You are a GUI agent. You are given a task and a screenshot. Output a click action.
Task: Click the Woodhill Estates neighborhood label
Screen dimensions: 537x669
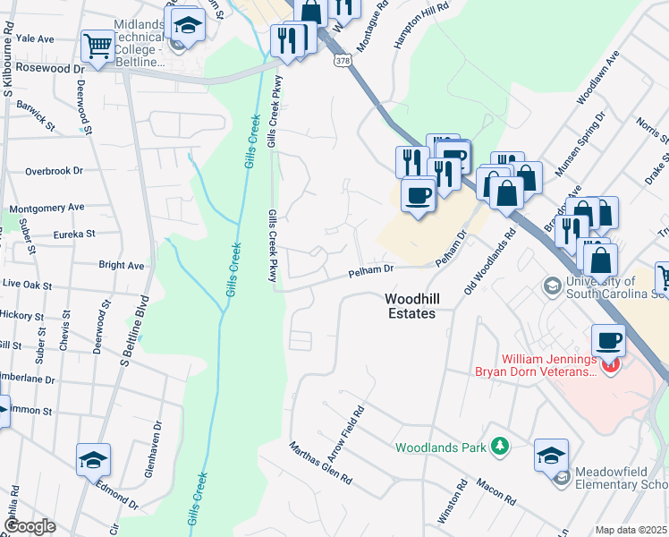click(x=410, y=306)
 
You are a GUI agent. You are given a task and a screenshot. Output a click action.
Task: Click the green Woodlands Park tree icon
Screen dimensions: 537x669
click(x=500, y=446)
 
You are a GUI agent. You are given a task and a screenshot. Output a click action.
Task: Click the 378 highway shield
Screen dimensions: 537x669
click(x=343, y=61)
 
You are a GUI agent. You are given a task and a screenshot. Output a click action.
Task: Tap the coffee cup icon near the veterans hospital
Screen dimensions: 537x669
click(x=608, y=341)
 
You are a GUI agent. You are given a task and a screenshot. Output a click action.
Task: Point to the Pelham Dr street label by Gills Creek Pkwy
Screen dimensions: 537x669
click(x=371, y=269)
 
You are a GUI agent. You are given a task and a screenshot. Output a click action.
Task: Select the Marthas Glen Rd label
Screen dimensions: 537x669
click(x=320, y=463)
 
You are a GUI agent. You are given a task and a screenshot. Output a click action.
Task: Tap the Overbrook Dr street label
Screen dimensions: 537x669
click(x=54, y=170)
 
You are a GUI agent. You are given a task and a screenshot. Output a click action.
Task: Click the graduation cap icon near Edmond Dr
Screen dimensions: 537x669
click(x=93, y=460)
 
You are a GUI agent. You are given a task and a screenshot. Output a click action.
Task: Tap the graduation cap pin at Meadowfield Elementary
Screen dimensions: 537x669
click(x=551, y=455)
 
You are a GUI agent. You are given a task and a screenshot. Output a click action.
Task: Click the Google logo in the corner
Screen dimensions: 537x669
click(x=30, y=527)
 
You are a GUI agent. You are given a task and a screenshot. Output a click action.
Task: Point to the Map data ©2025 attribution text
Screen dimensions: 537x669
click(x=631, y=530)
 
